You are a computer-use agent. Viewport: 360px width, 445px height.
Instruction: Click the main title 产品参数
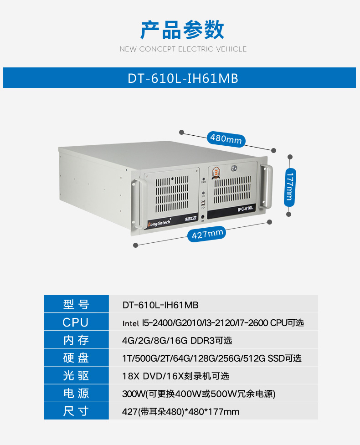(182, 30)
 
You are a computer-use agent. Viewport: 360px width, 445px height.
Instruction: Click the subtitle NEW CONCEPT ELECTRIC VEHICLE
(183, 49)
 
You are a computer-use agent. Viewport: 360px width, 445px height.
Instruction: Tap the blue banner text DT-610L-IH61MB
(183, 78)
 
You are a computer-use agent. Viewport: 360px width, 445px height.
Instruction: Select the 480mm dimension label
(226, 139)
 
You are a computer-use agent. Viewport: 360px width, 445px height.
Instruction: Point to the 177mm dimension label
(290, 187)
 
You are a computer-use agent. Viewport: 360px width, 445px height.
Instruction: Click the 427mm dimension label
(207, 234)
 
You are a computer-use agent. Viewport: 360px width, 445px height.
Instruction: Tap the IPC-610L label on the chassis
(245, 209)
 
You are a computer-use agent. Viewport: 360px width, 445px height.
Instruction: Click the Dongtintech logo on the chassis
(159, 223)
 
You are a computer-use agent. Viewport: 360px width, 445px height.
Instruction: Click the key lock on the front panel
(234, 168)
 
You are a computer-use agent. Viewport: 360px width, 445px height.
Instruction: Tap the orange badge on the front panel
(216, 173)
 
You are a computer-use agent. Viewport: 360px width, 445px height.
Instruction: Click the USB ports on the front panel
(203, 204)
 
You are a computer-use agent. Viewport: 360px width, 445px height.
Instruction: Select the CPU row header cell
(77, 322)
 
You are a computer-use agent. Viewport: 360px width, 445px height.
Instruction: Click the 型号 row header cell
(77, 304)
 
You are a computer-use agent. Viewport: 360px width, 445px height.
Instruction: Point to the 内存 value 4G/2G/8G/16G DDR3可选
(177, 340)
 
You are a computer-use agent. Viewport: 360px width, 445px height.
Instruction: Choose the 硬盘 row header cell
(77, 358)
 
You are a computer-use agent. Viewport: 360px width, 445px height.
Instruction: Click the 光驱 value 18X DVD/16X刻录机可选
(175, 376)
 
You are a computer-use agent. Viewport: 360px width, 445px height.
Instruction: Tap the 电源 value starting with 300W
(199, 394)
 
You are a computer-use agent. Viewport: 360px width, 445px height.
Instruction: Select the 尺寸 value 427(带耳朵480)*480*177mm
(180, 411)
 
